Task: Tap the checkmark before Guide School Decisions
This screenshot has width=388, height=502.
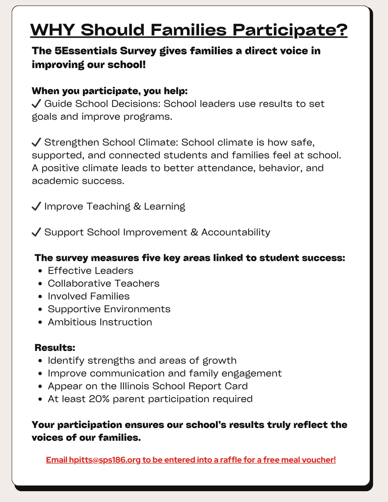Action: click(36, 104)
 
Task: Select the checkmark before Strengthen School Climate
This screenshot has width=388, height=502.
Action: click(36, 143)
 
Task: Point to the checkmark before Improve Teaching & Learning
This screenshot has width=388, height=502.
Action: click(36, 206)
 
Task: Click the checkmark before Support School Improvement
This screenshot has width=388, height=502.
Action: click(36, 232)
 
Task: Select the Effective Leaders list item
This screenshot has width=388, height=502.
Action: click(90, 271)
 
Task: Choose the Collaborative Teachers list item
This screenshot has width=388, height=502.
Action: click(103, 283)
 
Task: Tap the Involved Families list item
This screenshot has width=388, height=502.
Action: click(88, 296)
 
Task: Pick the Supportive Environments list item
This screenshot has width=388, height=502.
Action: click(109, 309)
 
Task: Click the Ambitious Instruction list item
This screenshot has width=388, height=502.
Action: click(100, 322)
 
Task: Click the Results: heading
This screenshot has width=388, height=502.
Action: click(55, 348)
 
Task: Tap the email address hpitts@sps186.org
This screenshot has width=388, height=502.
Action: click(105, 460)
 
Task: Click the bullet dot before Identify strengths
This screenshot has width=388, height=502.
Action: click(40, 361)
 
